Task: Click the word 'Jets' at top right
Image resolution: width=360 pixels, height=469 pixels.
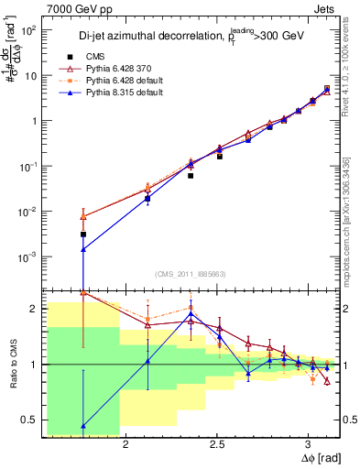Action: click(327, 7)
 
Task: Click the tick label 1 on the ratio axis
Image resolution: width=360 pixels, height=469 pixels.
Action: click(33, 365)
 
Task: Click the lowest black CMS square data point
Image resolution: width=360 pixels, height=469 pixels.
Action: click(83, 234)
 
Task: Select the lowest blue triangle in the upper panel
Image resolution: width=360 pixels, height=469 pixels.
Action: click(83, 248)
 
